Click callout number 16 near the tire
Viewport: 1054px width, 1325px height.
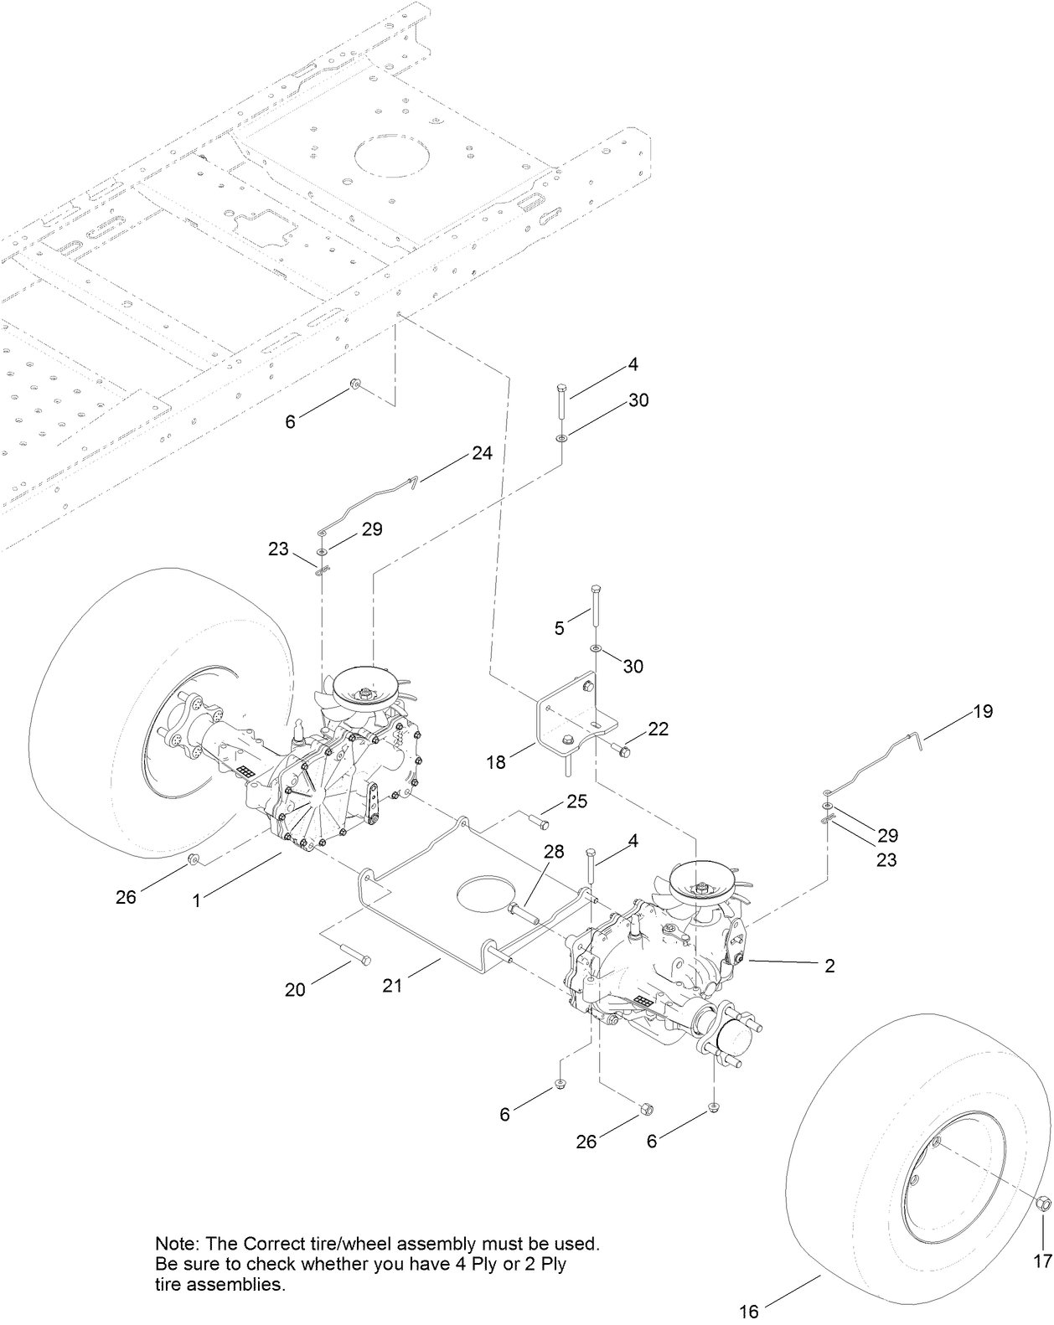pos(749,1312)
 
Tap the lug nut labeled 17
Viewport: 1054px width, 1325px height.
pos(1042,1228)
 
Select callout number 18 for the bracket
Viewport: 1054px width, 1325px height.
pos(498,763)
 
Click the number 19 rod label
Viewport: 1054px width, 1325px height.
pos(983,711)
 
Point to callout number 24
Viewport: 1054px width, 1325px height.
pos(482,453)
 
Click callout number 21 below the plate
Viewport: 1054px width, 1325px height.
pos(392,986)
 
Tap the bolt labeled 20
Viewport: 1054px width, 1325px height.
pos(354,956)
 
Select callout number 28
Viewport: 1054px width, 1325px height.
pos(555,853)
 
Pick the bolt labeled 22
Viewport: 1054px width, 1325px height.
pos(623,747)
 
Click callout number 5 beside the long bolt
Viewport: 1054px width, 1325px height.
pos(560,628)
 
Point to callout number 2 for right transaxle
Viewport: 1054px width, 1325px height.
pos(829,966)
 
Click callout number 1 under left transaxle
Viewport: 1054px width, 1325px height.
pos(197,900)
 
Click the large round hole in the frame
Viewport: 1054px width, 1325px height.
pos(392,157)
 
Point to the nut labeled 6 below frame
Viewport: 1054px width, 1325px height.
pos(355,384)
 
